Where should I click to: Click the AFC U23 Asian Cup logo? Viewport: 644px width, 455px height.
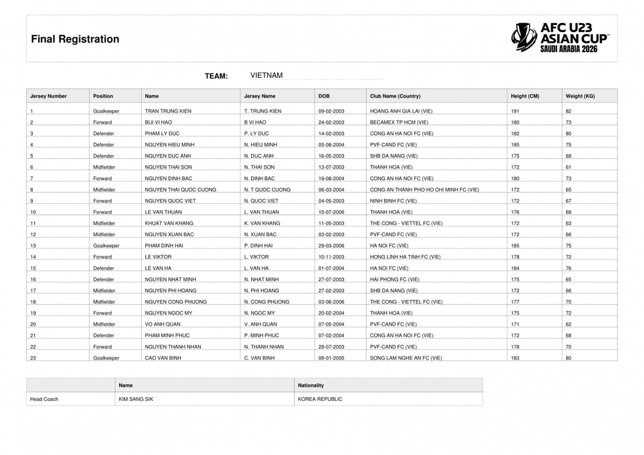(560, 38)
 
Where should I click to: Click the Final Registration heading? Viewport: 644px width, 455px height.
(75, 39)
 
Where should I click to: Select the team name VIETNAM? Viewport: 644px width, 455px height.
(267, 75)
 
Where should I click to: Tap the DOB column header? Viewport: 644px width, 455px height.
(324, 96)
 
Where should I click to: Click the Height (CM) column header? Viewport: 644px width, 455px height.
(525, 96)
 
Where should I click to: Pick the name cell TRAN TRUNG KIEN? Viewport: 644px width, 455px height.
(168, 111)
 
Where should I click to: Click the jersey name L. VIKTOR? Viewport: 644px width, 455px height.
(256, 257)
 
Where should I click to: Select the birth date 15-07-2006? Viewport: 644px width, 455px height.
(332, 212)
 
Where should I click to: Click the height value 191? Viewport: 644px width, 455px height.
(515, 111)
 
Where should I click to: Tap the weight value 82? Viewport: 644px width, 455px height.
(569, 111)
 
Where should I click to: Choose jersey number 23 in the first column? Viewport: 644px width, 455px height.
(33, 358)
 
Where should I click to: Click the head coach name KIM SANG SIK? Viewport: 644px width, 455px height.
(136, 399)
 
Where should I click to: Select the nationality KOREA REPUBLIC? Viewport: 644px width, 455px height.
(320, 399)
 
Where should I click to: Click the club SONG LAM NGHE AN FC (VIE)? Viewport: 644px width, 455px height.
(406, 358)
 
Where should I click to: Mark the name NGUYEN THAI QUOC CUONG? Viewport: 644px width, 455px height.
(180, 190)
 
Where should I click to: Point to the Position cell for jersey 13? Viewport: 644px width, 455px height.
(106, 246)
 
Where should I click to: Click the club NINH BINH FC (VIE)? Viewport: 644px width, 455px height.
(393, 201)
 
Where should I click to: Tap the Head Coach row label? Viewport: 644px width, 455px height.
(44, 399)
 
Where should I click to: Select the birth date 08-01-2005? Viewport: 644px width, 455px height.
(332, 358)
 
